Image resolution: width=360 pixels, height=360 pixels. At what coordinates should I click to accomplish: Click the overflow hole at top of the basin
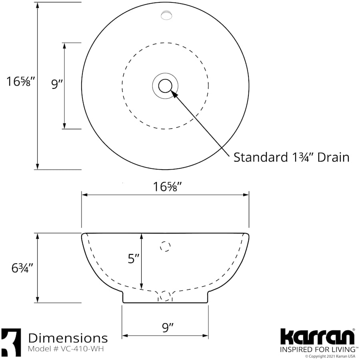click(x=166, y=15)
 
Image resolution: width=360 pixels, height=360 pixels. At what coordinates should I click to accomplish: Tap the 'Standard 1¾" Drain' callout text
click(x=291, y=157)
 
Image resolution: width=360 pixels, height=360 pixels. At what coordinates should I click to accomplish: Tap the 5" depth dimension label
click(x=133, y=259)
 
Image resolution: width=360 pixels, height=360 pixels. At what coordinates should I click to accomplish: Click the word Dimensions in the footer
click(x=68, y=338)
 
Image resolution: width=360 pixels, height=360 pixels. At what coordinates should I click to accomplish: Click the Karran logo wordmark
click(x=317, y=337)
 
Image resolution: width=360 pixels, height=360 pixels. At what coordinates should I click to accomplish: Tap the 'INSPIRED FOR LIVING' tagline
click(x=316, y=349)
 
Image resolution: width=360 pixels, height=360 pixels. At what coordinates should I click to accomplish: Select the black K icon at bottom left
click(x=11, y=342)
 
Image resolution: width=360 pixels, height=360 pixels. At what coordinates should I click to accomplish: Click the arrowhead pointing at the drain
click(x=174, y=93)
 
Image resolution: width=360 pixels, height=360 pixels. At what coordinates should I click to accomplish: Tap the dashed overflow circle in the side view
click(x=165, y=246)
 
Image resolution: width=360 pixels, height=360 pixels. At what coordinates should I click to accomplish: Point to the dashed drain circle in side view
click(x=165, y=296)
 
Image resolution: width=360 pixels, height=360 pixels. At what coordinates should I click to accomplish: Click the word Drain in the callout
click(x=333, y=157)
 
